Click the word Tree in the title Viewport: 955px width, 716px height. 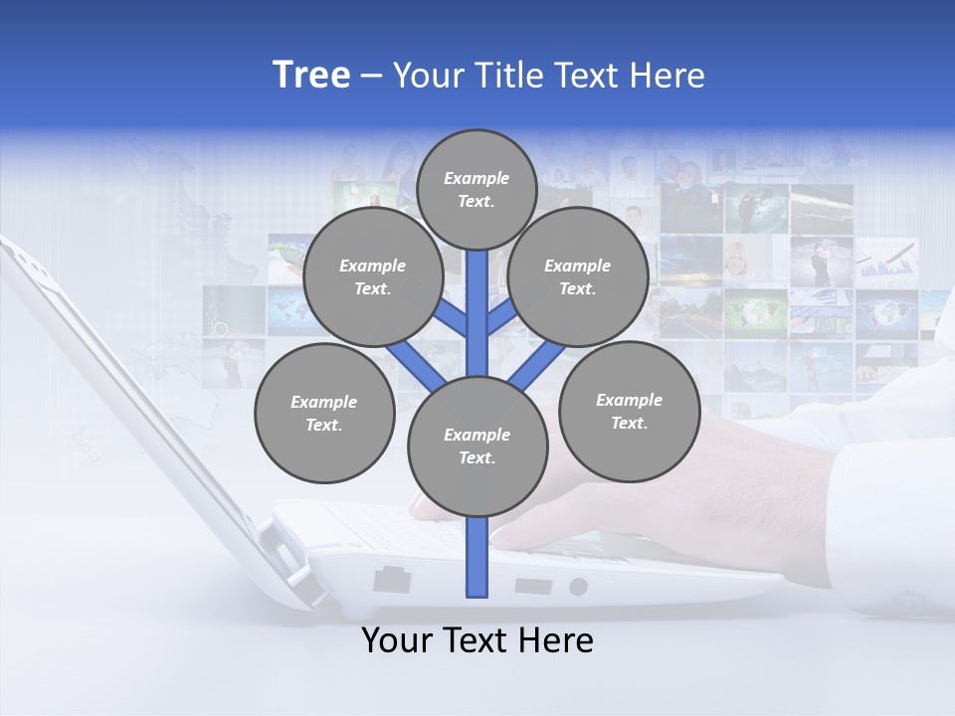[x=311, y=76]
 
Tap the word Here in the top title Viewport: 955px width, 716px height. [x=668, y=76]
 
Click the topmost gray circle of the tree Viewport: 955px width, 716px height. [x=477, y=189]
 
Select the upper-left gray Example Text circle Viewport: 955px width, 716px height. [x=372, y=276]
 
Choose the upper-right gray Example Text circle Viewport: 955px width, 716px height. [x=577, y=276]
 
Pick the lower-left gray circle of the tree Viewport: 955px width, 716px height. [x=324, y=413]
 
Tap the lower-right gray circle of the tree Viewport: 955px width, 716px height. [x=629, y=411]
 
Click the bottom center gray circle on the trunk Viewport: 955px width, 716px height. [x=477, y=447]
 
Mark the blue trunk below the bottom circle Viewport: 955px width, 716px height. [x=477, y=557]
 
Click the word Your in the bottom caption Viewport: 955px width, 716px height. [x=396, y=640]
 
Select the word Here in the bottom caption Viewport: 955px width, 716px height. [x=558, y=640]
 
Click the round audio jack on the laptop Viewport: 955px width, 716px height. [x=578, y=587]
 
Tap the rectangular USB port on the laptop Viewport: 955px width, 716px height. [x=533, y=585]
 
